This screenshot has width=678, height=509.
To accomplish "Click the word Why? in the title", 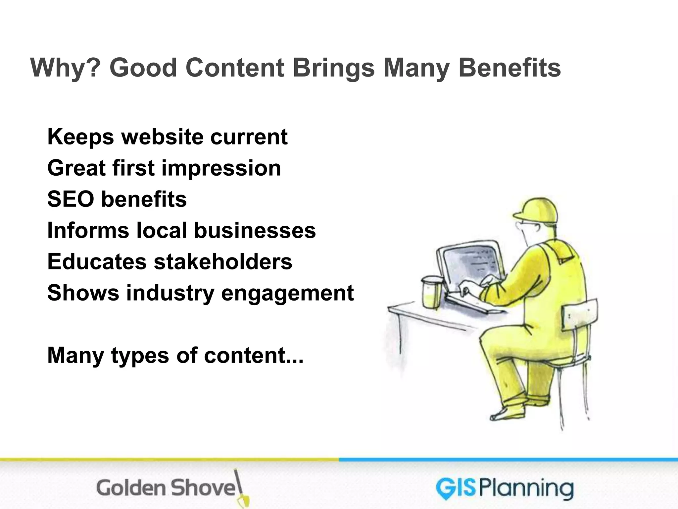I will (x=65, y=68).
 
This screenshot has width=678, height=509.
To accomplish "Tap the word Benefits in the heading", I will (x=509, y=68).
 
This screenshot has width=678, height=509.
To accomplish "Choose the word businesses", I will (x=255, y=230).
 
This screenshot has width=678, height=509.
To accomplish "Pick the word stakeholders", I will (x=223, y=261).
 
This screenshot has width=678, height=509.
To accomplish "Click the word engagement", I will (x=287, y=293).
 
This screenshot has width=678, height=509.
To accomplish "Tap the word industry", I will (x=170, y=293).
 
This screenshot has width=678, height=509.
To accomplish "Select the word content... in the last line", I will (x=254, y=355).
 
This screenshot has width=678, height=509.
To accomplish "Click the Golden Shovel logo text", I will (x=166, y=488).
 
